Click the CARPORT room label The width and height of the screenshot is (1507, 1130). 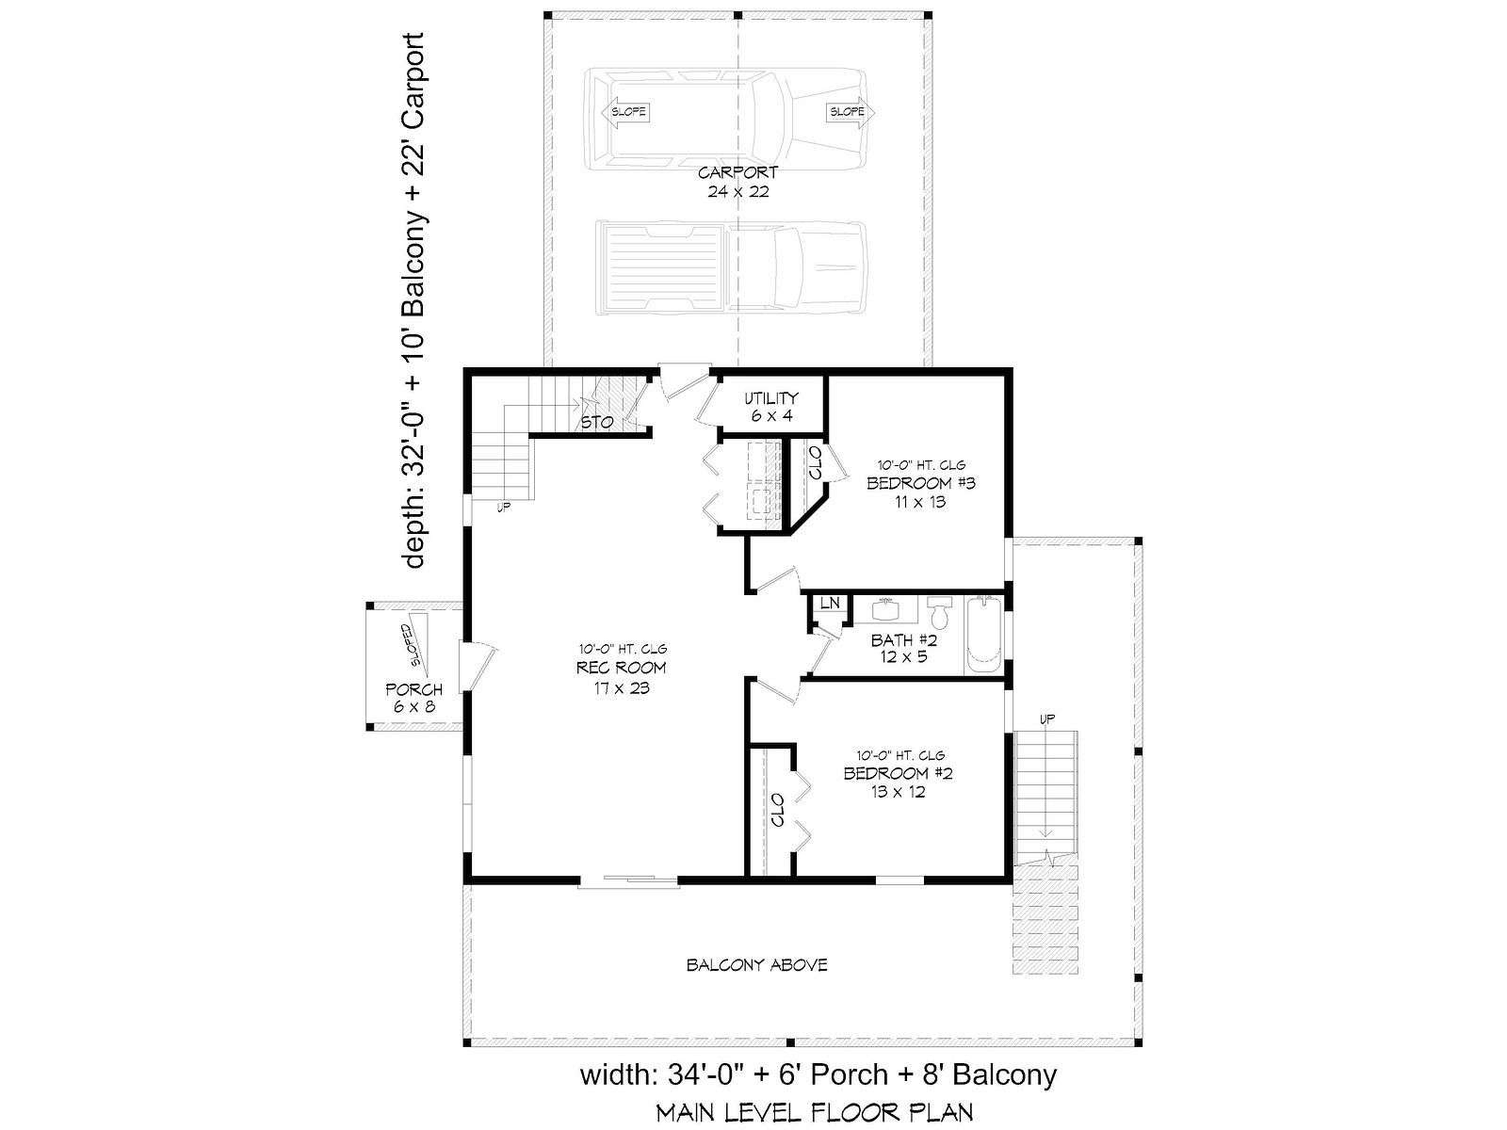[738, 172]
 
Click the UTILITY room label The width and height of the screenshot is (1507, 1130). [771, 398]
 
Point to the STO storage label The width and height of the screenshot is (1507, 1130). [596, 423]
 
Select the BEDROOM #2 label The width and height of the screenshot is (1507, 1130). [898, 774]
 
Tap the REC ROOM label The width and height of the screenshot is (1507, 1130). [621, 668]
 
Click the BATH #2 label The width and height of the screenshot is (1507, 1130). [904, 640]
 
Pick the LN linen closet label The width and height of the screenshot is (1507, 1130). [830, 603]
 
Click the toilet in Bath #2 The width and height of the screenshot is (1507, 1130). [938, 612]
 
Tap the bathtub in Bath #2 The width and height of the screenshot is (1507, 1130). [983, 635]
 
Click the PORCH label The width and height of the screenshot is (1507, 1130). [414, 689]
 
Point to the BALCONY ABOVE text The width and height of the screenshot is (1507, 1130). [756, 965]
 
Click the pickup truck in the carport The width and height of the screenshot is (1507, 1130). [731, 267]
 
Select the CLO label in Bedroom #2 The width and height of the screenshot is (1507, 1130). [778, 810]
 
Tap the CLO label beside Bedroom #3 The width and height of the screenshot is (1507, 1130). [815, 463]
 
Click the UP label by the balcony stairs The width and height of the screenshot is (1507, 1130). [1047, 719]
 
